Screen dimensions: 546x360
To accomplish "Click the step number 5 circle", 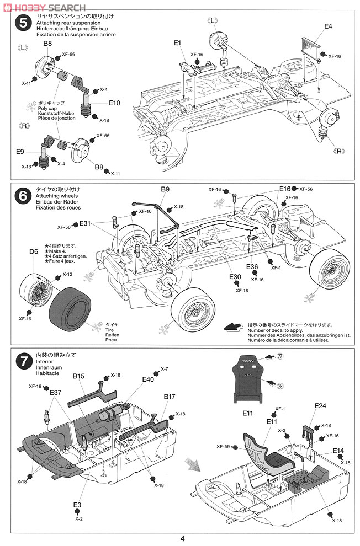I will pyautogui.click(x=22, y=24).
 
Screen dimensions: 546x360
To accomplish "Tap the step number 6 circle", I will pyautogui.click(x=22, y=196).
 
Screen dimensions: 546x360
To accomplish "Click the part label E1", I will pyautogui.click(x=177, y=43).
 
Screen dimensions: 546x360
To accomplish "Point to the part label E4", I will pyautogui.click(x=328, y=26).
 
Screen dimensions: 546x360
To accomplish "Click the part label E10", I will pyautogui.click(x=115, y=103).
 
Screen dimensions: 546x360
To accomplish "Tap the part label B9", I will pyautogui.click(x=165, y=190).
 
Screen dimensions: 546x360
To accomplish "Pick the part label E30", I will pyautogui.click(x=236, y=277).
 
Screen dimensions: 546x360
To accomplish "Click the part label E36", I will pyautogui.click(x=252, y=267).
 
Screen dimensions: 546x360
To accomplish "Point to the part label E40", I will pyautogui.click(x=148, y=379).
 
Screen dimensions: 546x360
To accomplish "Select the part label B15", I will pyautogui.click(x=78, y=376).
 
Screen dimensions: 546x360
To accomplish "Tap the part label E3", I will pyautogui.click(x=77, y=505).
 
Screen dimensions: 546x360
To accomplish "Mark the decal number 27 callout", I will pyautogui.click(x=280, y=357).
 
